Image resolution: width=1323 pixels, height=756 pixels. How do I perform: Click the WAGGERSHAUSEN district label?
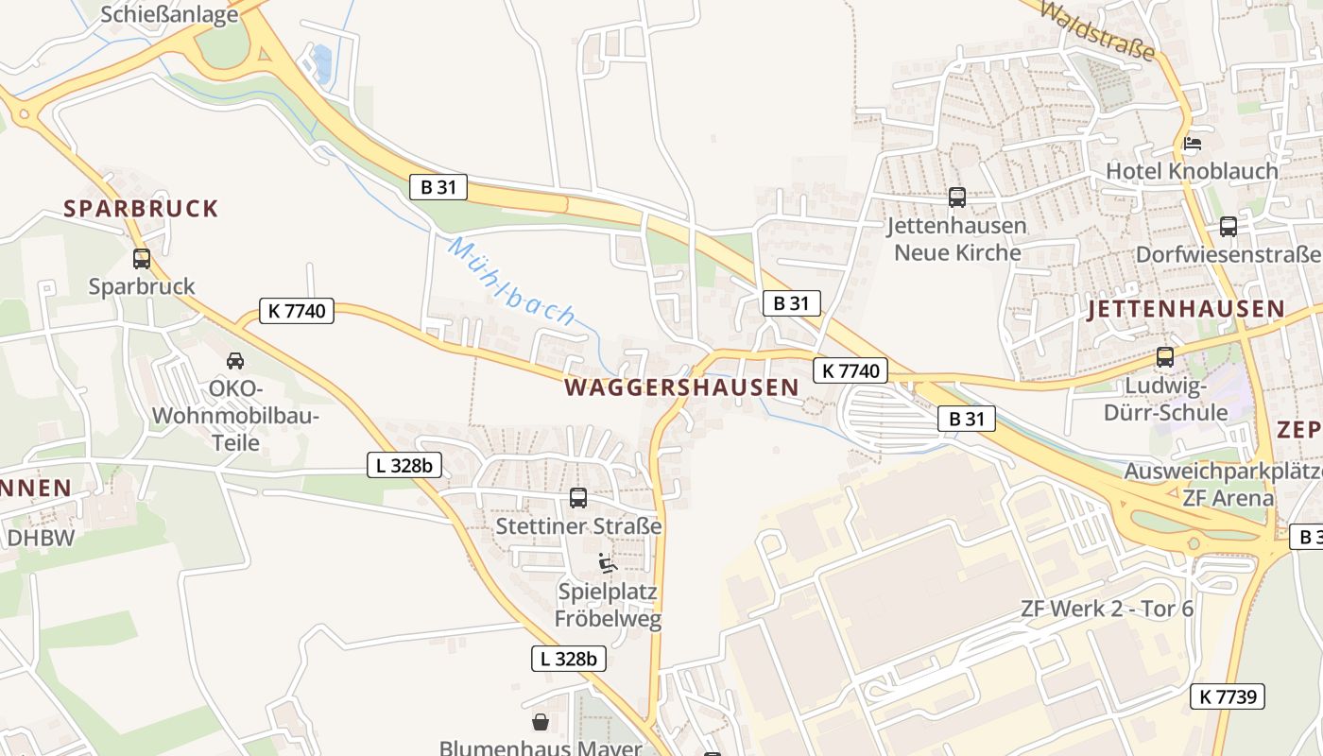point(681,387)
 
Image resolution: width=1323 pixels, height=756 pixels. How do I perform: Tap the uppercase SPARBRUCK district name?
point(141,208)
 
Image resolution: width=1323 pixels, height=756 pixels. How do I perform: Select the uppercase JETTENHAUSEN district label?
point(1186,309)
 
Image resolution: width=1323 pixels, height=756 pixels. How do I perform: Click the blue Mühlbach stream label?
point(511,282)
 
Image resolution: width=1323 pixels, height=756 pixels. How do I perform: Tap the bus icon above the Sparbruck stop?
point(142,258)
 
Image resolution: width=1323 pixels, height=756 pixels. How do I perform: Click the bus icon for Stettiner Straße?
point(578,497)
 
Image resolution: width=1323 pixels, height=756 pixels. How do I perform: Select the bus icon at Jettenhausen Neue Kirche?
point(957,198)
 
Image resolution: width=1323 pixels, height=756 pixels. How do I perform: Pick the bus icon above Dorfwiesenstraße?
point(1228,227)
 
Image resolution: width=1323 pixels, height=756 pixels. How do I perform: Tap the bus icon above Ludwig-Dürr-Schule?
point(1165,357)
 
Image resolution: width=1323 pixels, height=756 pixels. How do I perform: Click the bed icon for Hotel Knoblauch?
point(1193,144)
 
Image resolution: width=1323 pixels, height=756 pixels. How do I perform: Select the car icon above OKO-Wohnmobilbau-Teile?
point(235,360)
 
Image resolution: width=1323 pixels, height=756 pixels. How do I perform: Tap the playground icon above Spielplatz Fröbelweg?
point(607,563)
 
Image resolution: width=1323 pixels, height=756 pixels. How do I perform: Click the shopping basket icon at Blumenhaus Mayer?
point(540,723)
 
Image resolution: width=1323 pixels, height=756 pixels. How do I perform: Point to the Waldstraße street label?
point(1096,29)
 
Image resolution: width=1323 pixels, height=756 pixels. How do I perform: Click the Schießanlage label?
point(168,14)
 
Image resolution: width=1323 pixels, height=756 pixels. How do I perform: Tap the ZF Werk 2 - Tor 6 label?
point(1107,609)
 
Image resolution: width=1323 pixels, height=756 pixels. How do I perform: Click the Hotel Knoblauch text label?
point(1192,171)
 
